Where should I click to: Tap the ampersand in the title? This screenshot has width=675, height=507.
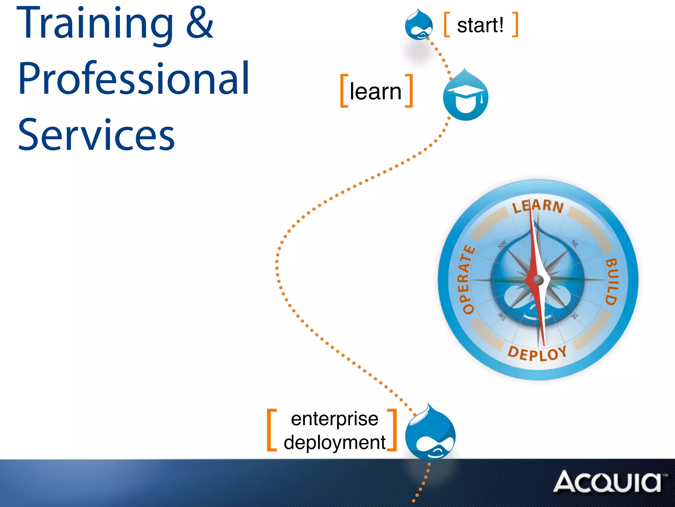click(200, 23)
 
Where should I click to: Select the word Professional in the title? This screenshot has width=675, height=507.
click(133, 79)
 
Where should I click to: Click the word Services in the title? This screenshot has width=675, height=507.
click(96, 135)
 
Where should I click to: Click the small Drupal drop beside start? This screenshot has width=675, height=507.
click(419, 25)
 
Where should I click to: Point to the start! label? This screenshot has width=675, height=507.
click(480, 25)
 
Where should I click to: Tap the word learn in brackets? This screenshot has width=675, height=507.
click(375, 91)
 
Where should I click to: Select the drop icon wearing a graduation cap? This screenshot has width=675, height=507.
click(465, 96)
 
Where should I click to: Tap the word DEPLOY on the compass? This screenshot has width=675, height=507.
click(537, 353)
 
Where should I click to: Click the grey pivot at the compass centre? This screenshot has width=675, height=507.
click(538, 280)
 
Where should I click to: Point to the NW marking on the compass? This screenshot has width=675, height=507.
click(502, 245)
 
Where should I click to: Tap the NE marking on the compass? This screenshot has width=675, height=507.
click(575, 244)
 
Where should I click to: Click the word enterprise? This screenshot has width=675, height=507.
click(335, 419)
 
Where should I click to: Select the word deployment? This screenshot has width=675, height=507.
click(335, 442)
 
